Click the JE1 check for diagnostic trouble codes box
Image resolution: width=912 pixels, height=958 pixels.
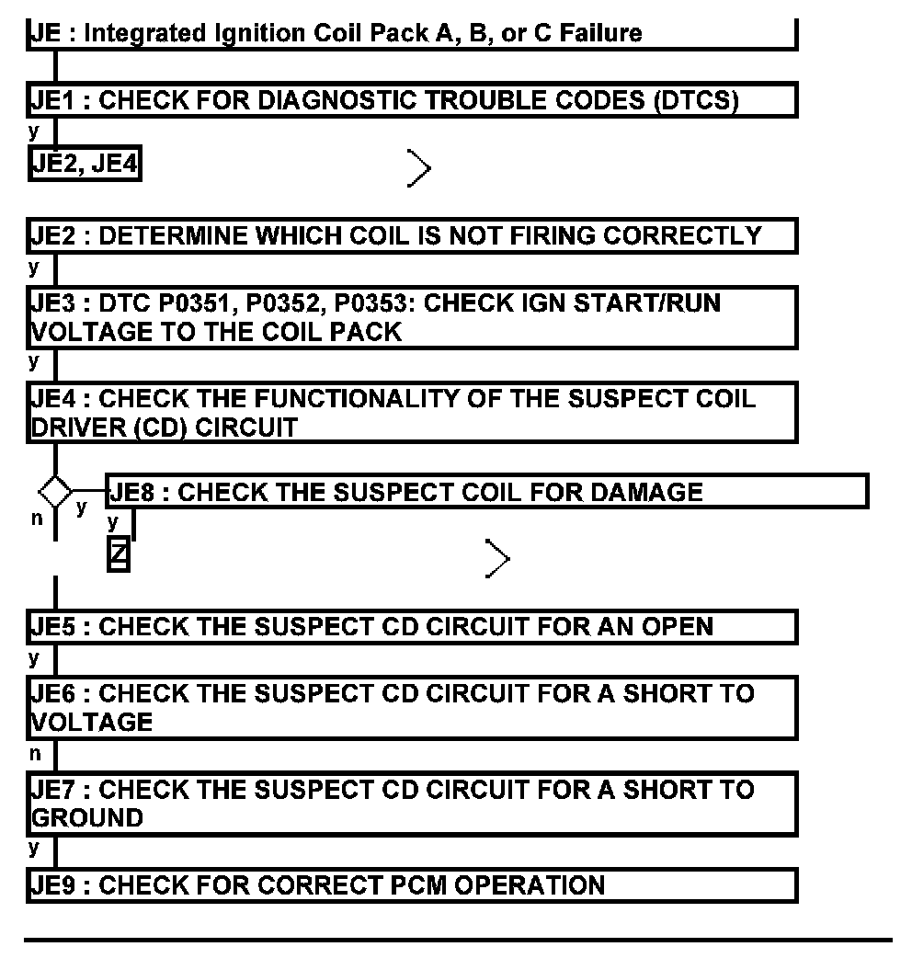pyautogui.click(x=411, y=100)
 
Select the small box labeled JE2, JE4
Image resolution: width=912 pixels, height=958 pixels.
pyautogui.click(x=85, y=165)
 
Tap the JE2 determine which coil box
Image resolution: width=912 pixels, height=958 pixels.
pyautogui.click(x=411, y=236)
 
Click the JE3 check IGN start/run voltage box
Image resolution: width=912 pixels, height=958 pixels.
pyautogui.click(x=411, y=317)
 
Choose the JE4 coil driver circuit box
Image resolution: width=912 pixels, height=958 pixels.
pyautogui.click(x=411, y=413)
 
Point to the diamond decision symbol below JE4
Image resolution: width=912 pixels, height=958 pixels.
pyautogui.click(x=55, y=491)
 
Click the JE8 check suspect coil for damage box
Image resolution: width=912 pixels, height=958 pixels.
pyautogui.click(x=487, y=491)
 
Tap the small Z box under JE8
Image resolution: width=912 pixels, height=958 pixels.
pyautogui.click(x=118, y=555)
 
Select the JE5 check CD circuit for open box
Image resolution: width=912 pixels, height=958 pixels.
pyautogui.click(x=411, y=627)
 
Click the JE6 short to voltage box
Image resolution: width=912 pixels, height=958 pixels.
pyautogui.click(x=411, y=707)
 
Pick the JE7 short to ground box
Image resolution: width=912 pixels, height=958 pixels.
pyautogui.click(x=411, y=804)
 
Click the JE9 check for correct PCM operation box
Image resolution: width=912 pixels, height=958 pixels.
pyautogui.click(x=411, y=885)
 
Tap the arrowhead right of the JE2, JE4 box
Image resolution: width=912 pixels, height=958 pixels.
pyautogui.click(x=419, y=168)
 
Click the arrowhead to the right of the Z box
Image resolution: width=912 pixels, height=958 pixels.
pyautogui.click(x=497, y=558)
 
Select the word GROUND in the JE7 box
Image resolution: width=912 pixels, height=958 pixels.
pyautogui.click(x=88, y=817)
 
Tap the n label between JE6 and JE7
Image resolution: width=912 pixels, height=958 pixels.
pyautogui.click(x=36, y=754)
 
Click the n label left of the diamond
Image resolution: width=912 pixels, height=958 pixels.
pyautogui.click(x=37, y=519)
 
